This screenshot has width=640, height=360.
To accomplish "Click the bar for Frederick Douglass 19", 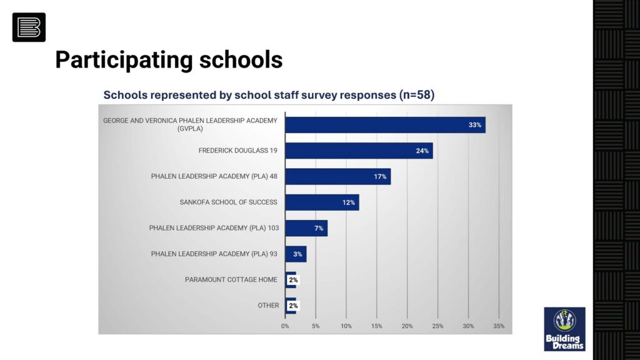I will click(x=359, y=151).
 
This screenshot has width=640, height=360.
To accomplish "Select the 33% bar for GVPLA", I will click(x=385, y=125).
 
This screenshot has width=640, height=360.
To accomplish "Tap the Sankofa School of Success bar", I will click(x=322, y=202).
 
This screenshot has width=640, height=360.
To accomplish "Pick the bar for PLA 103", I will click(x=306, y=228).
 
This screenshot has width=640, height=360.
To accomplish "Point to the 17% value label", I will click(x=380, y=177).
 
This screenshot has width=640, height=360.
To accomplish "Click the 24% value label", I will click(x=422, y=151).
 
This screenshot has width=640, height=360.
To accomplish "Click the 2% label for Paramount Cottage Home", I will click(x=293, y=280).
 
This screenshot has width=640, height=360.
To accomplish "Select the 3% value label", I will click(x=298, y=254).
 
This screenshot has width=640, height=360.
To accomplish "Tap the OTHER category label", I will click(x=268, y=306).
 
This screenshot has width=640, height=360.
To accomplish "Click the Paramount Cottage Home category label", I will click(x=231, y=279).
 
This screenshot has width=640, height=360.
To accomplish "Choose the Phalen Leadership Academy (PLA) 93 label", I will click(x=214, y=254).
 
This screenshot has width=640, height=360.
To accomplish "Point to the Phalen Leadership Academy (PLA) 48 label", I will click(x=214, y=176).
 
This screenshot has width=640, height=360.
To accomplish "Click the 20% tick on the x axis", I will click(x=407, y=326).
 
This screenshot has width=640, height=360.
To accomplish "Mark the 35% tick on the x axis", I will click(x=499, y=326).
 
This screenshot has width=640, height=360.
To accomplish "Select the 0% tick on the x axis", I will click(x=285, y=326).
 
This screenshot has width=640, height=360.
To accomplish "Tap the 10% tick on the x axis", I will click(x=346, y=326).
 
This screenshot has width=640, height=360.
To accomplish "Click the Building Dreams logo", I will click(x=564, y=329).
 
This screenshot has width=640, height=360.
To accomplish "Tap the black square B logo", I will click(x=29, y=27).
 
